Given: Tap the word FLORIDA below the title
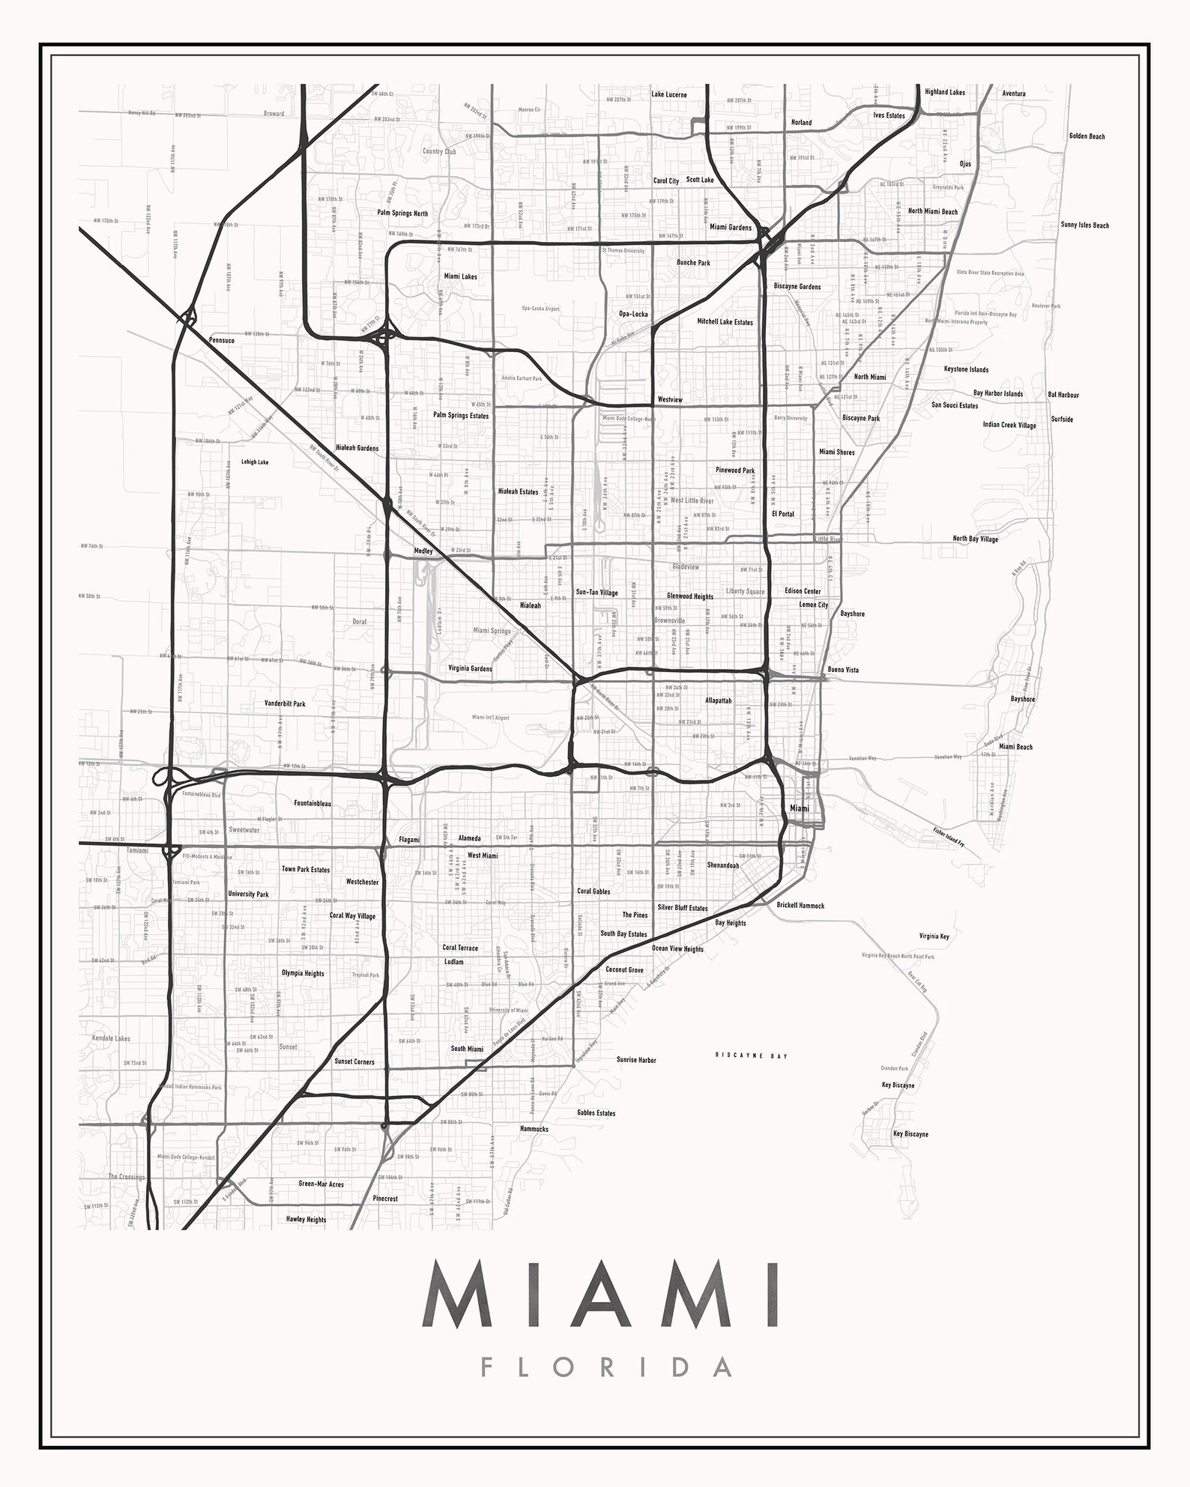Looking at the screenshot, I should point(606,1366).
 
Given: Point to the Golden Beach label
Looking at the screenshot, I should point(1087,136).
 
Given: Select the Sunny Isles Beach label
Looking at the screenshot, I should point(1084,225).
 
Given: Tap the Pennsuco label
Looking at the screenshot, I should point(222,340).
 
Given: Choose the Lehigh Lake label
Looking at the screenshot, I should point(255,462).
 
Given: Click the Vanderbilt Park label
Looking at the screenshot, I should point(285,704).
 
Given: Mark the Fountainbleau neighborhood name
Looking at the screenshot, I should point(312,804).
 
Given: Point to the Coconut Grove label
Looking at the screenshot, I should point(624,970).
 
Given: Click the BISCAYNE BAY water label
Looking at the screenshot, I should point(752,1056).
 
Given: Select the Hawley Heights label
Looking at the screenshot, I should point(306,1220).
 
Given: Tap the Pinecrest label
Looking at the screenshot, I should point(385,1199).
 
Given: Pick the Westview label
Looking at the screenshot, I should point(670,400).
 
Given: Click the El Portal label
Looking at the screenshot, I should point(783,514).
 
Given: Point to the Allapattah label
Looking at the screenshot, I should point(718,701).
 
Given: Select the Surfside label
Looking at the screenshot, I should point(1062,420).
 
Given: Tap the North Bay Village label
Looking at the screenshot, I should point(975,539).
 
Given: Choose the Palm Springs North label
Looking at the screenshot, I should point(402,213).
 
